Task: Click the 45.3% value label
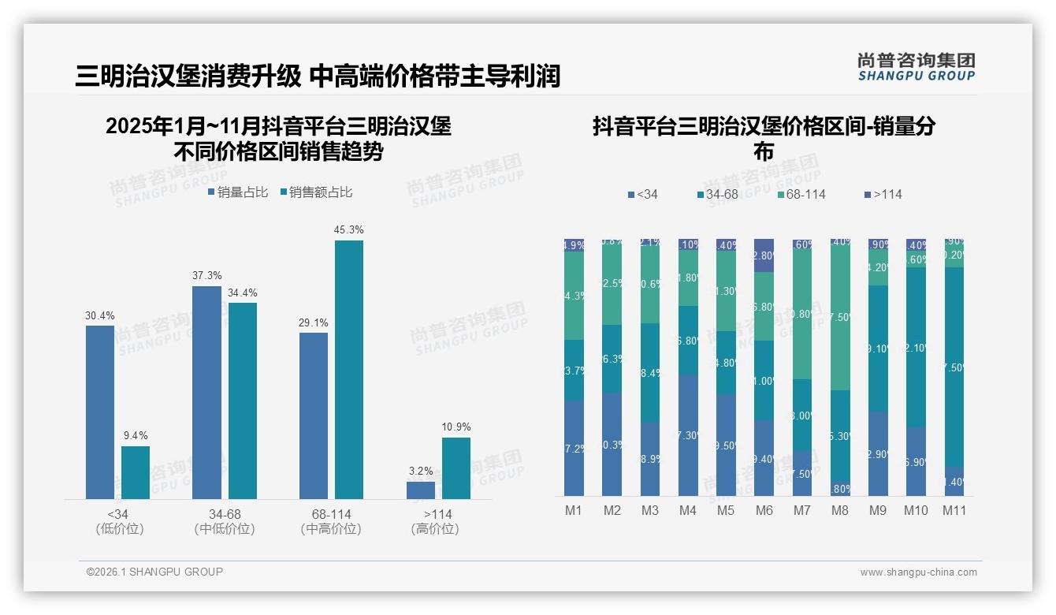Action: point(348,229)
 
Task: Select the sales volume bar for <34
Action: point(100,412)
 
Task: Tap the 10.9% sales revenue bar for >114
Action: point(456,468)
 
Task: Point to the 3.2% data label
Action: point(421,471)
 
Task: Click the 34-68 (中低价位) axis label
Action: point(225,521)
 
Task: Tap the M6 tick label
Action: point(764,510)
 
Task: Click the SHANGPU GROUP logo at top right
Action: point(916,67)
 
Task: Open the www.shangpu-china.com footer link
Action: point(918,572)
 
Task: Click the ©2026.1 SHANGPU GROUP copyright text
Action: point(154,572)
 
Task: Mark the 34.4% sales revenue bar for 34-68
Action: point(243,401)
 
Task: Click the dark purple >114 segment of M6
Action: point(764,255)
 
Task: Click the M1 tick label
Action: point(574,510)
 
